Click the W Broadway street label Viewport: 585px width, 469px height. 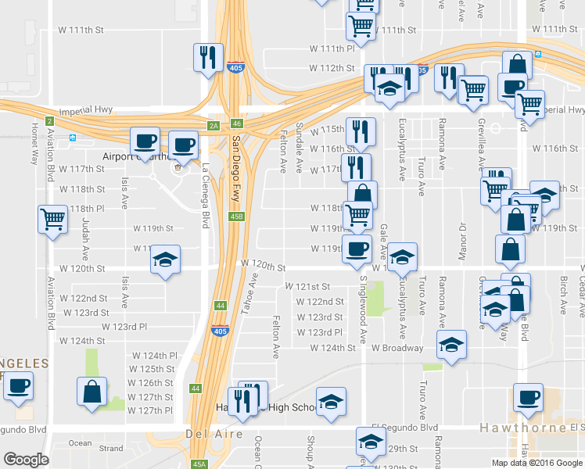(397, 348)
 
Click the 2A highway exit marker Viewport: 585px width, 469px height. (214, 125)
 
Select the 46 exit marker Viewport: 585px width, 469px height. (237, 124)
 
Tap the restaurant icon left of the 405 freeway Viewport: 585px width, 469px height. (208, 56)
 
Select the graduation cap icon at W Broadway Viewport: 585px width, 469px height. (451, 345)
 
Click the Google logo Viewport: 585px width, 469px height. (27, 460)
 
